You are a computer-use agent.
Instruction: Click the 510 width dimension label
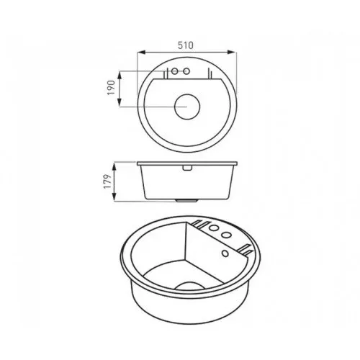coord(186,45)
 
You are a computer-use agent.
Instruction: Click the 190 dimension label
coord(111,88)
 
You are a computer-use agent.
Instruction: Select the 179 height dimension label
coord(108,181)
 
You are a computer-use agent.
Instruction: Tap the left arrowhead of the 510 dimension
coord(141,52)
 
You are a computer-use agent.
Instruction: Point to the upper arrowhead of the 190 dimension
coord(120,75)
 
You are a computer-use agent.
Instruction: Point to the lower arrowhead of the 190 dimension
coord(120,102)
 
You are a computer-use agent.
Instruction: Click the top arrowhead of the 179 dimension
coord(114,167)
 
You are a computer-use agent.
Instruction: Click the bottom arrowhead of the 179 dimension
coord(114,197)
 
